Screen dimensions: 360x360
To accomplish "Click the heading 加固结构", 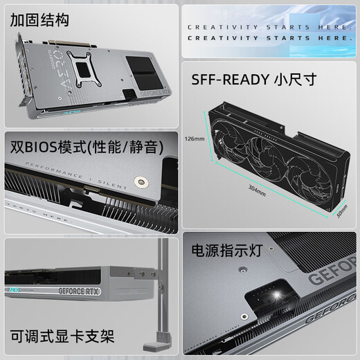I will tap(40, 20).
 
